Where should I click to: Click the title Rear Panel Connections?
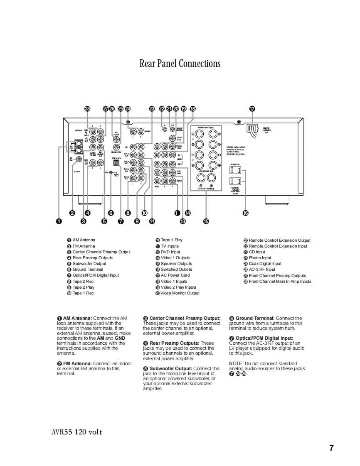[180, 64]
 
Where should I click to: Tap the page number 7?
[331, 448]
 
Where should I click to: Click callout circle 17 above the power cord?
[252, 109]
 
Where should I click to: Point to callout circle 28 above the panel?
[87, 109]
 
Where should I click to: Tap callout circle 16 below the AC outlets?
[245, 213]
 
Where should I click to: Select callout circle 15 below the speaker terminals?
[206, 221]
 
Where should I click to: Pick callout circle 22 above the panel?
[162, 109]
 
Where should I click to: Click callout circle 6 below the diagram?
[111, 213]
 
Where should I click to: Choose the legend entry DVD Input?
[170, 252]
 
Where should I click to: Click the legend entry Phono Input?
[260, 258]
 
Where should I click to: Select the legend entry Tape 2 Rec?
[83, 281]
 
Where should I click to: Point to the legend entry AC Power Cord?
[175, 275]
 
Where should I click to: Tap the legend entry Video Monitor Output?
[180, 293]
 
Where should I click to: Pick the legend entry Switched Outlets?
[176, 270]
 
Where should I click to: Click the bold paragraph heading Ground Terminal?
[255, 319]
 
